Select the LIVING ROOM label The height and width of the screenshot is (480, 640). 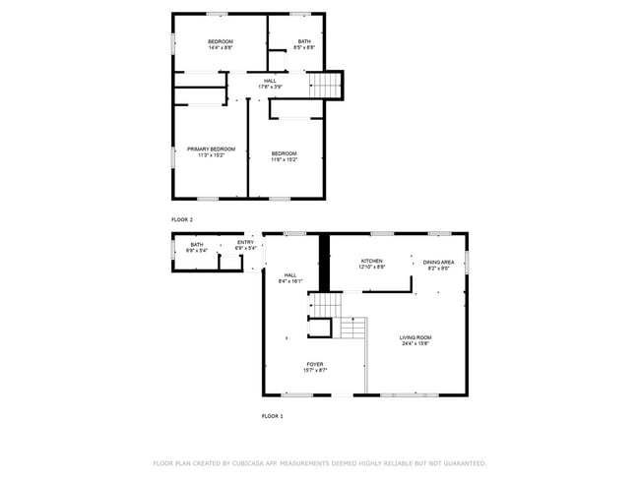tap(416, 337)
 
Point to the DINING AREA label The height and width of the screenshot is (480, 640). tap(438, 262)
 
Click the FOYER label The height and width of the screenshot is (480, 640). tap(314, 364)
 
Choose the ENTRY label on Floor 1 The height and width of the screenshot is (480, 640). tap(245, 243)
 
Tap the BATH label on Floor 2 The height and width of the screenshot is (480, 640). tap(305, 41)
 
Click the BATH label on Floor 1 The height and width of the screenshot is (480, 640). tap(197, 245)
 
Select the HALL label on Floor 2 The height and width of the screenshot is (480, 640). tap(269, 81)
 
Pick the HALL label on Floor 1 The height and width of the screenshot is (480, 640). tap(290, 275)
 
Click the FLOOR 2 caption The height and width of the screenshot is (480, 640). tap(182, 219)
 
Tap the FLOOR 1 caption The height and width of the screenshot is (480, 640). tap(272, 416)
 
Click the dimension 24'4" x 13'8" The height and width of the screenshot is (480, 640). tap(416, 343)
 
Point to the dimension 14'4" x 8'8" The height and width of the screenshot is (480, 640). tap(220, 47)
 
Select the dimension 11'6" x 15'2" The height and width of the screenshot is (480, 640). tap(284, 159)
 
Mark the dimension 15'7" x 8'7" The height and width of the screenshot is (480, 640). tap(314, 370)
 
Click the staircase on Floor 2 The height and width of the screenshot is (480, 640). tap(327, 86)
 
